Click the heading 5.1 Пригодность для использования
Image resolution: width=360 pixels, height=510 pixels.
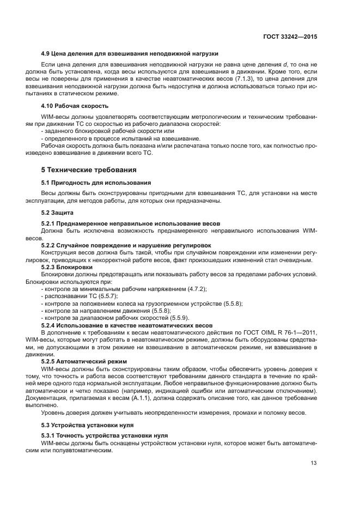96,182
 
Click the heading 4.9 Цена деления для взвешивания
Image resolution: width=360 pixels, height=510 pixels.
130,53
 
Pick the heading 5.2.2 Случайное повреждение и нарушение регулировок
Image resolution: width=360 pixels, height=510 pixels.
126,245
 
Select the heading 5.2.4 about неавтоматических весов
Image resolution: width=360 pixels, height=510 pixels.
127,325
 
